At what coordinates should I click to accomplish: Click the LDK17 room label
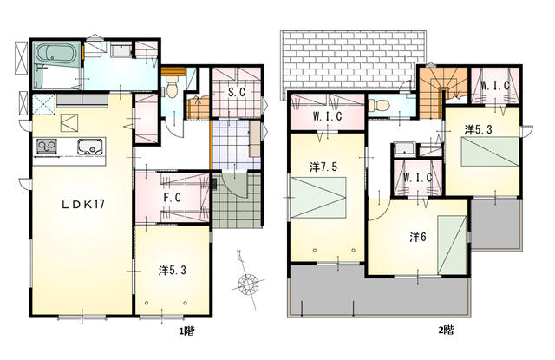[83, 204]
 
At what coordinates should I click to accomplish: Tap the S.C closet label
[237, 93]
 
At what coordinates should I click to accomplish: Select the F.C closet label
[173, 197]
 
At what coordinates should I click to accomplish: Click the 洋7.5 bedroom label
[323, 167]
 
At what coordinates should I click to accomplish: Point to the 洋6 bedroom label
[418, 237]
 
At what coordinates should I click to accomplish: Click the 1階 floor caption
[186, 331]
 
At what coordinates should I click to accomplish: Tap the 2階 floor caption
[446, 330]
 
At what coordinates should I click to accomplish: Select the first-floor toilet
[172, 88]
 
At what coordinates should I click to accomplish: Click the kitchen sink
[90, 147]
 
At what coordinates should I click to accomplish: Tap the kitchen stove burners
[47, 147]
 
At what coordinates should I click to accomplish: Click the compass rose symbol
[248, 283]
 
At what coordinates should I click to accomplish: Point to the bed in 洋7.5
[318, 197]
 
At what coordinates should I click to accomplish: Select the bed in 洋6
[452, 245]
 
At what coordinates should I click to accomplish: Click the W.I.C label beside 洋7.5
[328, 116]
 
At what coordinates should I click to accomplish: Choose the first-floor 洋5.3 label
[173, 271]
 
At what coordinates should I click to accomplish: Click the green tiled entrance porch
[237, 200]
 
